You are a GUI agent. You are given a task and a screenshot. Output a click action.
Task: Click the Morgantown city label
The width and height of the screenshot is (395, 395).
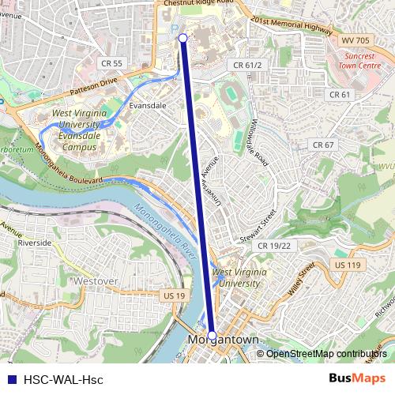click(x=224, y=340)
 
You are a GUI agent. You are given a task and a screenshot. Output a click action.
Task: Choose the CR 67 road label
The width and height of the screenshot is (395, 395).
click(x=323, y=145)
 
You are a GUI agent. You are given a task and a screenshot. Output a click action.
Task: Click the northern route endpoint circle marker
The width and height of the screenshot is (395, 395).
click(x=183, y=38)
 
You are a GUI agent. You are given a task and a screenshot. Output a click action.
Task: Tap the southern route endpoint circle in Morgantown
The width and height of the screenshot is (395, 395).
click(x=212, y=335)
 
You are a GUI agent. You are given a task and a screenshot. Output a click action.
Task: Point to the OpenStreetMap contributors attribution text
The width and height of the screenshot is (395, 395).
click(x=326, y=353)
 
